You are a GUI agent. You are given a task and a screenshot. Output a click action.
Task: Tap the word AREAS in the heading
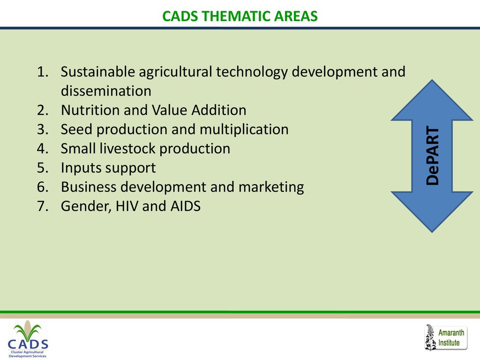click(296, 16)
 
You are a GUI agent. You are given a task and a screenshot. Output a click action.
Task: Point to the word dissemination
click(106, 91)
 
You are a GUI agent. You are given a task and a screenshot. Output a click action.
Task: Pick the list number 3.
click(43, 129)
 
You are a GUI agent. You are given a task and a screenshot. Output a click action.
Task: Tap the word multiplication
click(244, 129)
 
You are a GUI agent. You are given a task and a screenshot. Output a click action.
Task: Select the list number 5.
click(43, 168)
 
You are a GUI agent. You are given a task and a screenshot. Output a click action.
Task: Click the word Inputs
click(81, 168)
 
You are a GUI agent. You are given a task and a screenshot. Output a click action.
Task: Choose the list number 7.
click(43, 206)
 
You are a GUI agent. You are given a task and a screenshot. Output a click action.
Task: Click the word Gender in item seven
click(86, 206)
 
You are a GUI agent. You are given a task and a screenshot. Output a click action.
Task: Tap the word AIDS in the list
click(186, 206)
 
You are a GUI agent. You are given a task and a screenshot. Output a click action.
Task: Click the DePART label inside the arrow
click(433, 156)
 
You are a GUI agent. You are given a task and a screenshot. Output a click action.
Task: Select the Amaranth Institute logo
click(446, 337)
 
